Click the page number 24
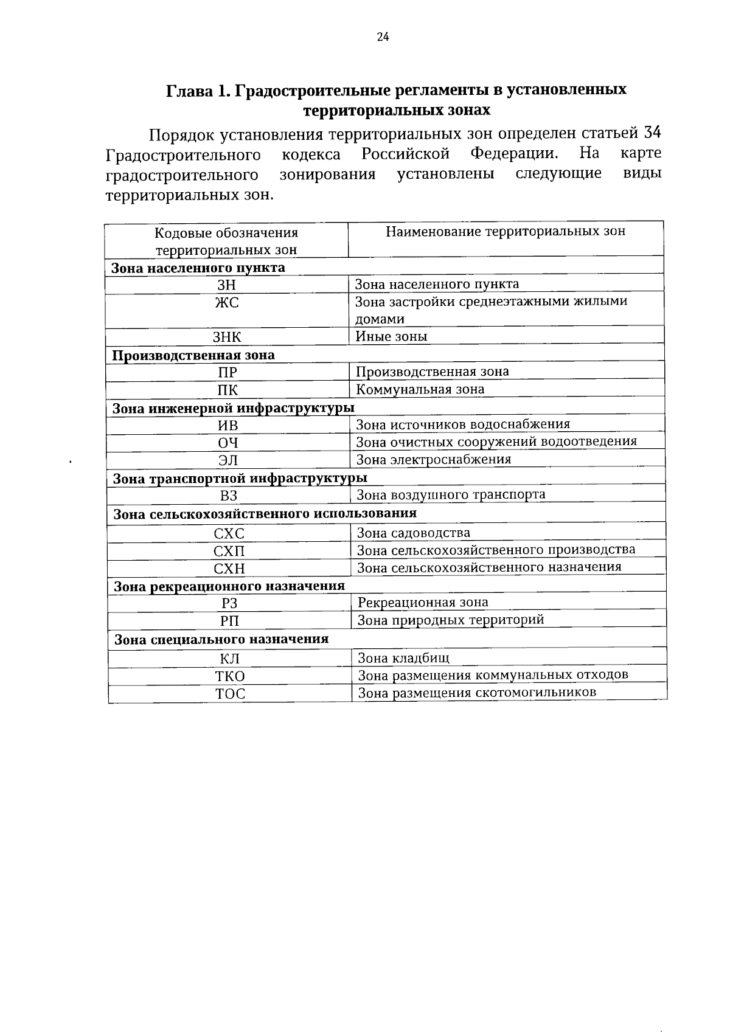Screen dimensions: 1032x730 383,36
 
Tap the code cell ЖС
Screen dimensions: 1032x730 227,302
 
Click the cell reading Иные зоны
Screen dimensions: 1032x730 391,336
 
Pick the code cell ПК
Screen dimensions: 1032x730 228,390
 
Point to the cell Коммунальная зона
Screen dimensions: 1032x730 420,389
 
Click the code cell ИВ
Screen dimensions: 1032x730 228,426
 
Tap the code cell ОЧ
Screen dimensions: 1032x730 228,443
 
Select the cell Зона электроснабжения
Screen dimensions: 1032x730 433,459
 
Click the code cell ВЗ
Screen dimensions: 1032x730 229,496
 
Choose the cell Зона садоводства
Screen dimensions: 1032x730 413,533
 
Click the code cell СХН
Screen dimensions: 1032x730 229,569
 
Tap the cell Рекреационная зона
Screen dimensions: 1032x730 423,603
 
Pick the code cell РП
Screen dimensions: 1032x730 229,622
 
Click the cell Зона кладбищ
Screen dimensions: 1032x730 403,657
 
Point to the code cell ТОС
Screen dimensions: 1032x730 230,694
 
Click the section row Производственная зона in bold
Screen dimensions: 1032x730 193,355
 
